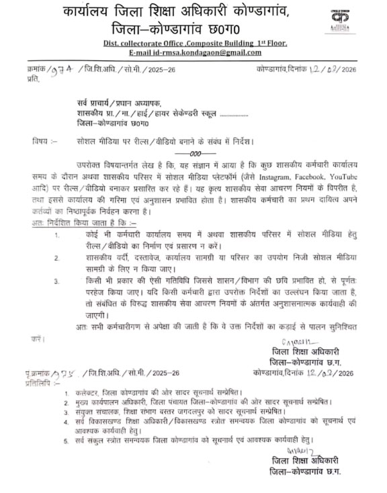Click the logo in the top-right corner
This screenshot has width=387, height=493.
coord(360,18)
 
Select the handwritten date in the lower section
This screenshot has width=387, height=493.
coord(330,372)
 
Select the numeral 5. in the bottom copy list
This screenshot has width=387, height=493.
coord(67,441)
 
